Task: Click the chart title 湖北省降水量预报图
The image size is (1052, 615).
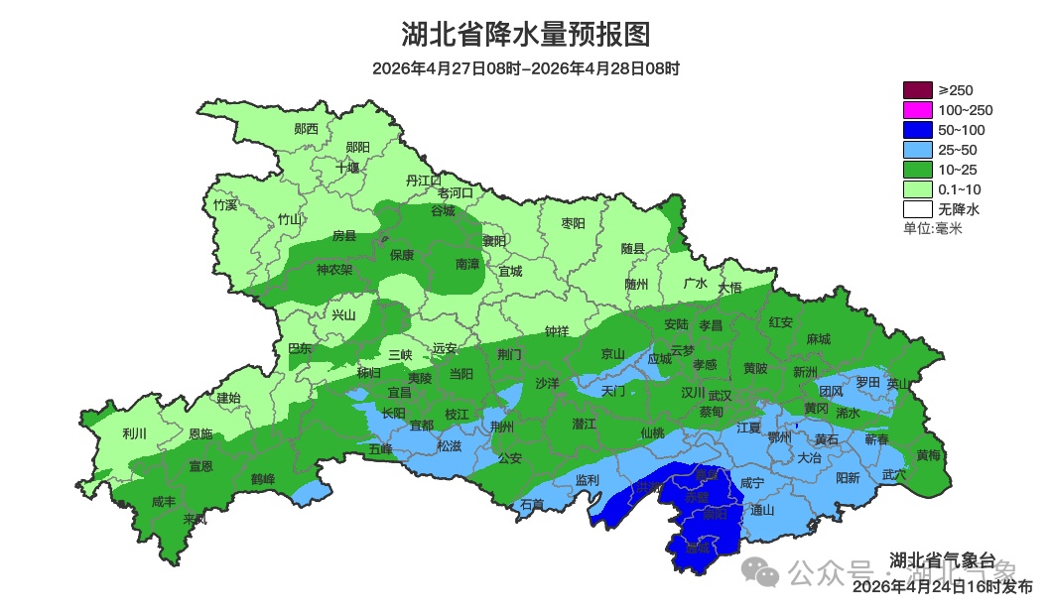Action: click(526, 35)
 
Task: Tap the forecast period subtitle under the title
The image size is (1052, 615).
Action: click(526, 69)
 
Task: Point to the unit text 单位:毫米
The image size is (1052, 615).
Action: click(933, 229)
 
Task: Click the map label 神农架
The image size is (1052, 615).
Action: click(334, 269)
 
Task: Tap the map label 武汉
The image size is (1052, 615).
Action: click(720, 395)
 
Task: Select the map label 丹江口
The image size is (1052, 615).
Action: click(424, 181)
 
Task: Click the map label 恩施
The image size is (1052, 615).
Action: click(199, 434)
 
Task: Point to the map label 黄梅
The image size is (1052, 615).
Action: click(929, 455)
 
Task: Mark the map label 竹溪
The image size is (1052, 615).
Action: click(225, 205)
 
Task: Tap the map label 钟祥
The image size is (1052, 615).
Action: click(557, 332)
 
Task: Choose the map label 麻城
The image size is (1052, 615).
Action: click(818, 339)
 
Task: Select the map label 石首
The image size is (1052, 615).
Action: click(533, 505)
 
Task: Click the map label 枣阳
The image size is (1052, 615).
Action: click(574, 223)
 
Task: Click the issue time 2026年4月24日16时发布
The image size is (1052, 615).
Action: click(942, 587)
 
